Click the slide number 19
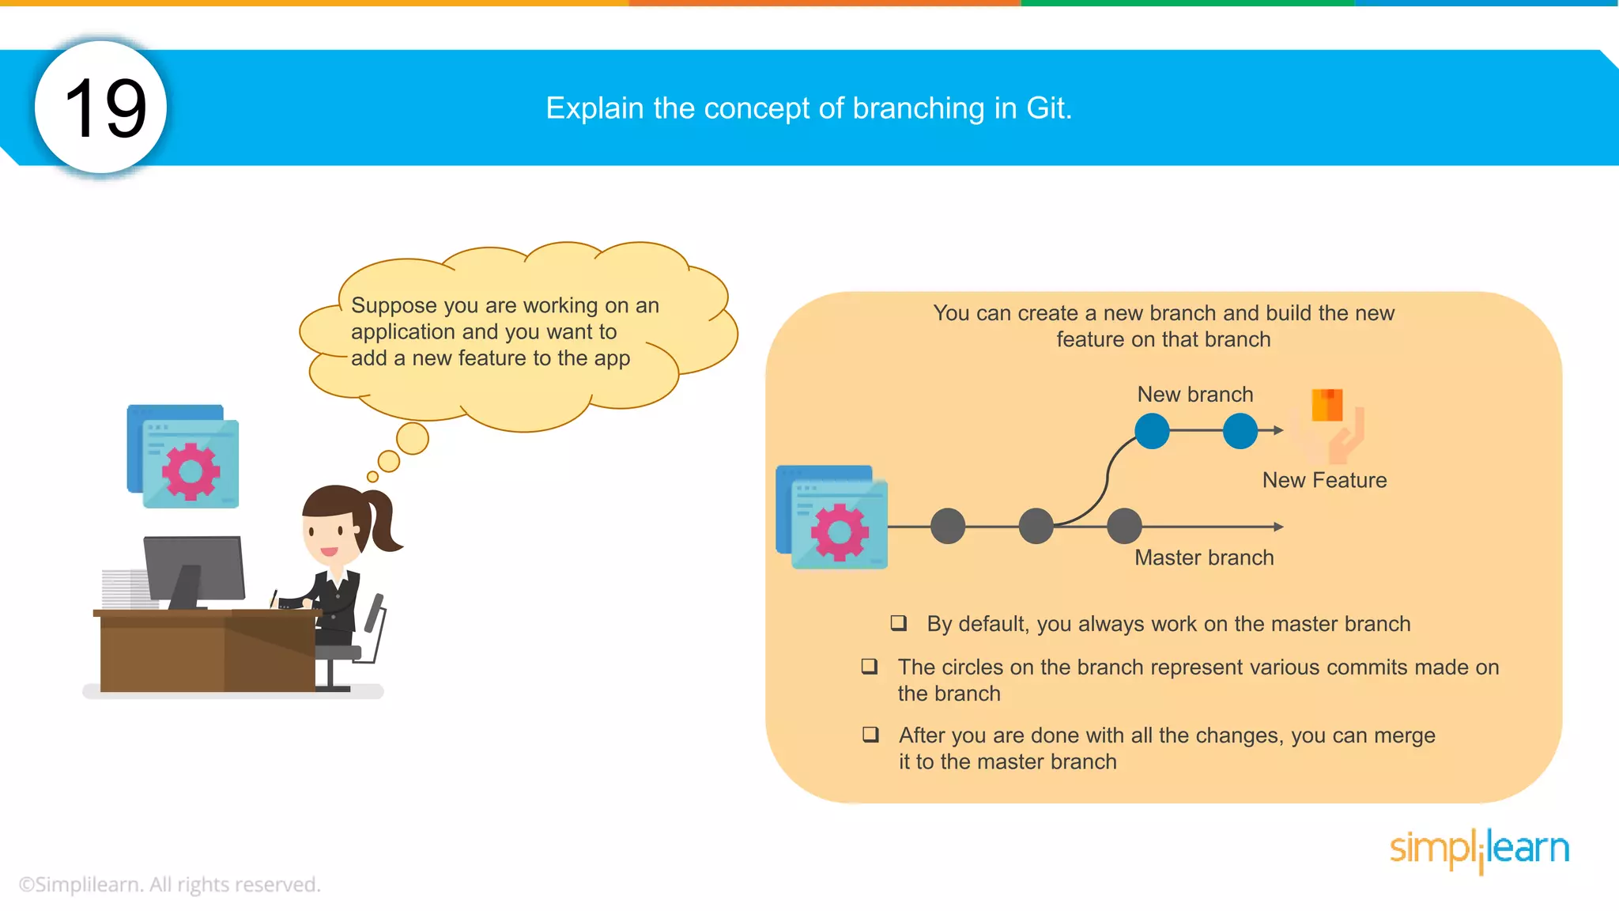tap(105, 108)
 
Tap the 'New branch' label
tap(1194, 394)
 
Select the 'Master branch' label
tap(1204, 558)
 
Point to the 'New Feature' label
tap(1324, 480)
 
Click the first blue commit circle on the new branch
tap(1152, 431)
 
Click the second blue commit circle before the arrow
tap(1240, 431)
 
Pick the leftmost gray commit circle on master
tap(948, 526)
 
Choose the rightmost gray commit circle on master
tap(1124, 526)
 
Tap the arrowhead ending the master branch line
tap(1278, 526)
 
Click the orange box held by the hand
tap(1327, 405)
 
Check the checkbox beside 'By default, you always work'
tap(899, 623)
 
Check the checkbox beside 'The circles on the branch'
tap(870, 667)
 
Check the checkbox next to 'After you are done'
tap(870, 735)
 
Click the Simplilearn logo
tap(1479, 849)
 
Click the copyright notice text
tap(169, 884)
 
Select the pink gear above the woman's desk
tap(191, 471)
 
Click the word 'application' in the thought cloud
tap(403, 332)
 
